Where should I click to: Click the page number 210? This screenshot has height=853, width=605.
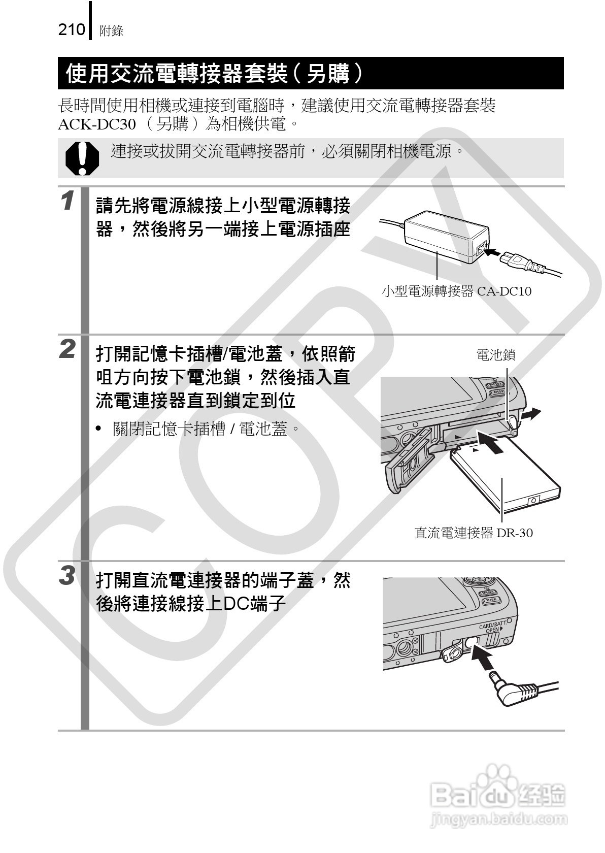click(72, 30)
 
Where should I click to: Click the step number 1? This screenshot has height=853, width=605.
click(68, 200)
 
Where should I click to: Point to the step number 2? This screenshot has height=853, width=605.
click(68, 349)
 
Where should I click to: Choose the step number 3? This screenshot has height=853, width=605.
click(68, 575)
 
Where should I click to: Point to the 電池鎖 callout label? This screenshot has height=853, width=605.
click(495, 355)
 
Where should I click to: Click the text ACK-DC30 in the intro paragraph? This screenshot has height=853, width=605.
click(97, 124)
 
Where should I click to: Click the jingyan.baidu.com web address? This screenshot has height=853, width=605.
click(497, 819)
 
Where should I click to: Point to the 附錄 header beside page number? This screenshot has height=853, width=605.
click(112, 31)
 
